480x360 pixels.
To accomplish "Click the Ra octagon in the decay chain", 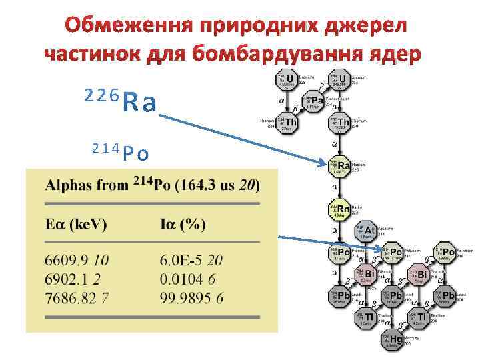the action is point(341,165).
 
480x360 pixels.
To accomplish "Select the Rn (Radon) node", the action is point(341,209).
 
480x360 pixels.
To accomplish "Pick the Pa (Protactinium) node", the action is point(314,102).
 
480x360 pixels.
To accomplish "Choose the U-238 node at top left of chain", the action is point(287,81).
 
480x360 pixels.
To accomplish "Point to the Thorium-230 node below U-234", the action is point(341,123).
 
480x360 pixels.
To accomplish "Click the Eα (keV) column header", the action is point(75,225).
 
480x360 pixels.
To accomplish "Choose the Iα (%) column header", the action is point(183,225).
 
